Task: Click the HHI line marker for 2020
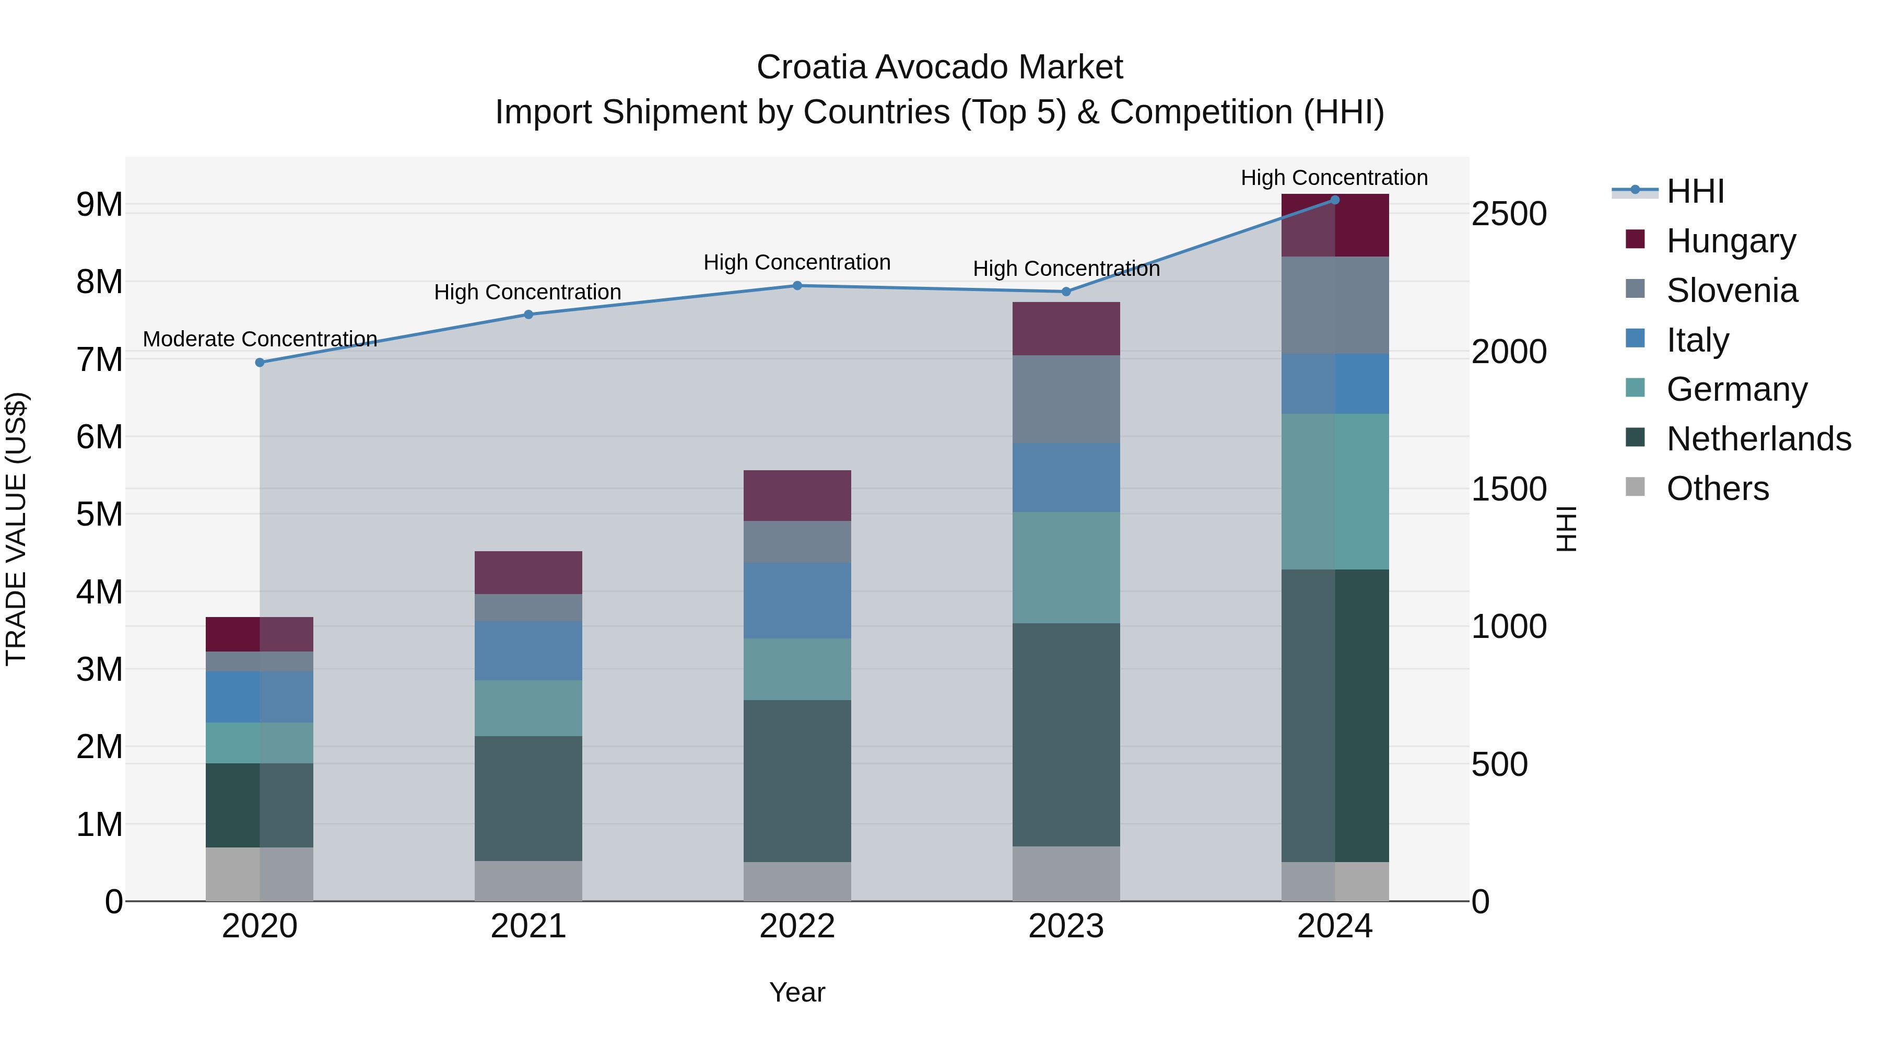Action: (x=260, y=362)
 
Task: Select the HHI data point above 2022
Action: (x=797, y=285)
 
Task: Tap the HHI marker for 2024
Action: (x=1335, y=200)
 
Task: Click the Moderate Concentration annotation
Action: (x=260, y=339)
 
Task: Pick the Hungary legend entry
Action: (x=1731, y=240)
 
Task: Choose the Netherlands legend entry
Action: (x=1758, y=439)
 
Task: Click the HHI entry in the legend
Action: (x=1695, y=191)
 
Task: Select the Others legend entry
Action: (x=1717, y=489)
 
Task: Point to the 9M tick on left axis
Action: (x=99, y=204)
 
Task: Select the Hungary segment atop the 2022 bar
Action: (x=797, y=495)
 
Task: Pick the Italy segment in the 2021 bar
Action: (x=528, y=650)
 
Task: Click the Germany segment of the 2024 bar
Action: (x=1335, y=492)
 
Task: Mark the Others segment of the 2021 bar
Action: (x=528, y=880)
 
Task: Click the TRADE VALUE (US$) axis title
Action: (x=16, y=529)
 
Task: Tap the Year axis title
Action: (x=797, y=992)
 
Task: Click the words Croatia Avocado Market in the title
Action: (x=939, y=67)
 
